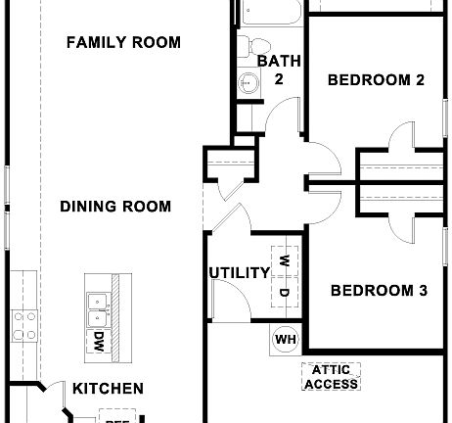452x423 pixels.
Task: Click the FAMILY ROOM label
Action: point(123,42)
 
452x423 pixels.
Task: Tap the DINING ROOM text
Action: point(115,207)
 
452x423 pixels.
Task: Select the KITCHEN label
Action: point(108,389)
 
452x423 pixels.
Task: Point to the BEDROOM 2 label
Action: point(376,80)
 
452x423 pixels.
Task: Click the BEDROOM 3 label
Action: point(379,291)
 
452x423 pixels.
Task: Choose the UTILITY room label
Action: point(238,272)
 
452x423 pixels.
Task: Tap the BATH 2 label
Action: point(272,70)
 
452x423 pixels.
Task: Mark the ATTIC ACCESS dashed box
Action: point(331,377)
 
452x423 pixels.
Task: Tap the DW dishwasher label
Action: point(99,342)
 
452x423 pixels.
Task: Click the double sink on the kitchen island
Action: point(97,309)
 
